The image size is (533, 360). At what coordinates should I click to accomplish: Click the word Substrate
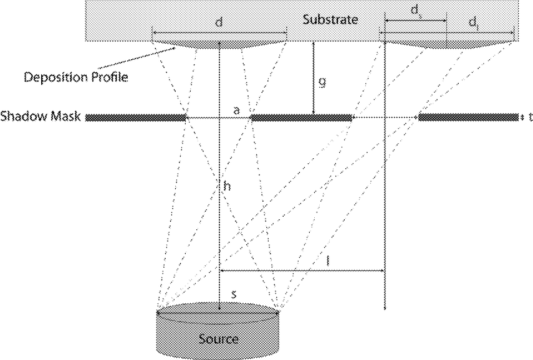pyautogui.click(x=330, y=20)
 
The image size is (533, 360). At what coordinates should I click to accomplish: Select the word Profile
pyautogui.click(x=108, y=77)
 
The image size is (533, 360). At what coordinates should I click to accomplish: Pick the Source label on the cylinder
pyautogui.click(x=219, y=339)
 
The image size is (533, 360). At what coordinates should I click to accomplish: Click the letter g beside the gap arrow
pyautogui.click(x=322, y=82)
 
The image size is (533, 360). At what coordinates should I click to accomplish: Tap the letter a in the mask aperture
pyautogui.click(x=236, y=110)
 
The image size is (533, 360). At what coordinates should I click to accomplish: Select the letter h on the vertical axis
pyautogui.click(x=228, y=186)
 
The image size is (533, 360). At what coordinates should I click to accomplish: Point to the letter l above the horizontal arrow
pyautogui.click(x=327, y=261)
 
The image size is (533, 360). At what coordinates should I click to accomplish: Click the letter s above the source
pyautogui.click(x=234, y=294)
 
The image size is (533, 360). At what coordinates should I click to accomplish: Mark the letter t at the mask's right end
pyautogui.click(x=530, y=117)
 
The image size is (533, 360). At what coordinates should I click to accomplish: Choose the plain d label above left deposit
pyautogui.click(x=219, y=23)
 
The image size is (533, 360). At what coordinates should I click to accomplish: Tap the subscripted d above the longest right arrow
pyautogui.click(x=473, y=23)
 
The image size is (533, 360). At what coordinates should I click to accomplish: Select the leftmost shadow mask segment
pyautogui.click(x=135, y=118)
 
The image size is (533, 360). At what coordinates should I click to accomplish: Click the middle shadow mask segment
pyautogui.click(x=301, y=118)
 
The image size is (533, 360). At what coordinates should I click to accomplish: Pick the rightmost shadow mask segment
pyautogui.click(x=468, y=118)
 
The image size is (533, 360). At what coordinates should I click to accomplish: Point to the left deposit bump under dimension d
pyautogui.click(x=219, y=45)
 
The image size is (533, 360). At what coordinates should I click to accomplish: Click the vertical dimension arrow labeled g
pyautogui.click(x=314, y=78)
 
